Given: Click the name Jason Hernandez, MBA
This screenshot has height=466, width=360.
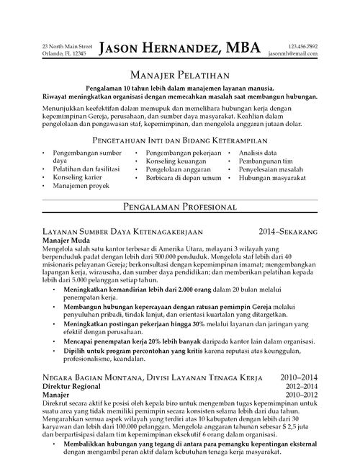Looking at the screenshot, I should (x=179, y=49).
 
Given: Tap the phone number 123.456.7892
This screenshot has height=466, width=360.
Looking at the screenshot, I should (x=302, y=46).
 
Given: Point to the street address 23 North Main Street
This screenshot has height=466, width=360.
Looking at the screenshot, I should (x=67, y=46).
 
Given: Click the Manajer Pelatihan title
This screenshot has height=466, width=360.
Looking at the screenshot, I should (x=179, y=74).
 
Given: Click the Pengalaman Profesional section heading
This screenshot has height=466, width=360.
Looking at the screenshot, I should (x=179, y=207).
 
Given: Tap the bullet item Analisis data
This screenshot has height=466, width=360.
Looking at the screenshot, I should (x=258, y=153).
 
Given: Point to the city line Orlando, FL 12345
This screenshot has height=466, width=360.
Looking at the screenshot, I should (x=64, y=54).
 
